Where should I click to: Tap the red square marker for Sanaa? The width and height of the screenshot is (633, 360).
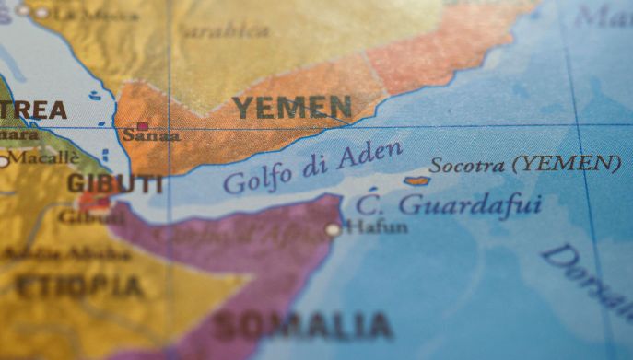[x=143, y=126]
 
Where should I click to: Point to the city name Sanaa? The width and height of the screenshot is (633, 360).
[x=151, y=136]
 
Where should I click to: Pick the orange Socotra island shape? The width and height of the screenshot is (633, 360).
[x=416, y=180]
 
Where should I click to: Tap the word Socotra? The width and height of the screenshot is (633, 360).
[x=467, y=166]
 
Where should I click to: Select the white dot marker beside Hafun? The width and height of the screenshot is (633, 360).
[x=333, y=229]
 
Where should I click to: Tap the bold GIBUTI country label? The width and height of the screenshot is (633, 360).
[x=114, y=183]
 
